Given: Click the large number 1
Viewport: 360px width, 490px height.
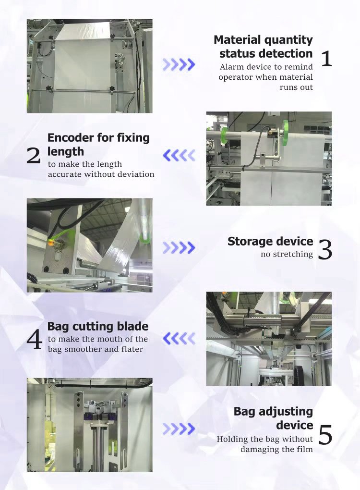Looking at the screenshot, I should point(326,59).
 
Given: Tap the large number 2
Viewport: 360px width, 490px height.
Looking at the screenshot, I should point(34,155).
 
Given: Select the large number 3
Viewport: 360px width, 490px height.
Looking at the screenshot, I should point(325,249).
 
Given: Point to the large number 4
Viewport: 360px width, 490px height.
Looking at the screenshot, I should point(35,340).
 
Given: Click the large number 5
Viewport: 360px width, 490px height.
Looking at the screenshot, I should point(325,435).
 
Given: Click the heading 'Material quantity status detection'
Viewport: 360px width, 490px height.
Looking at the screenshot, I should point(264,47).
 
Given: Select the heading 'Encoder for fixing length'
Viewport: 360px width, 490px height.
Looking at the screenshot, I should point(98,145).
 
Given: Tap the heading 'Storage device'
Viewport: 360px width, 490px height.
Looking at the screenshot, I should point(270,241).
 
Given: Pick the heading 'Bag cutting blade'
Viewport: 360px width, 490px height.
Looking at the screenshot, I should point(98,327).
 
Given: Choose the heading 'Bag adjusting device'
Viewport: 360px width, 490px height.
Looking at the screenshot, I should point(273,418).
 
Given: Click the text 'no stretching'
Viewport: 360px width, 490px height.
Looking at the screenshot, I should point(287,254).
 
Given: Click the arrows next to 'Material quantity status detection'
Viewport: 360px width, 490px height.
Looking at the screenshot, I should point(179,64).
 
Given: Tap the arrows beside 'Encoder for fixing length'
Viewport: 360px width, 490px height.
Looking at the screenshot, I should point(179,155).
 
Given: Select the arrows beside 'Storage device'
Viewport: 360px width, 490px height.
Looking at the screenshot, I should point(179,247).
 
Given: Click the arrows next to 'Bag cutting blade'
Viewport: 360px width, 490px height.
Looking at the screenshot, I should point(179,339).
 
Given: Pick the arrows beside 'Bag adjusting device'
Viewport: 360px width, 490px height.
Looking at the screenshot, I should point(179,429).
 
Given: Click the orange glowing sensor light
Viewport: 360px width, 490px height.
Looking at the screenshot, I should point(50,244).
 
